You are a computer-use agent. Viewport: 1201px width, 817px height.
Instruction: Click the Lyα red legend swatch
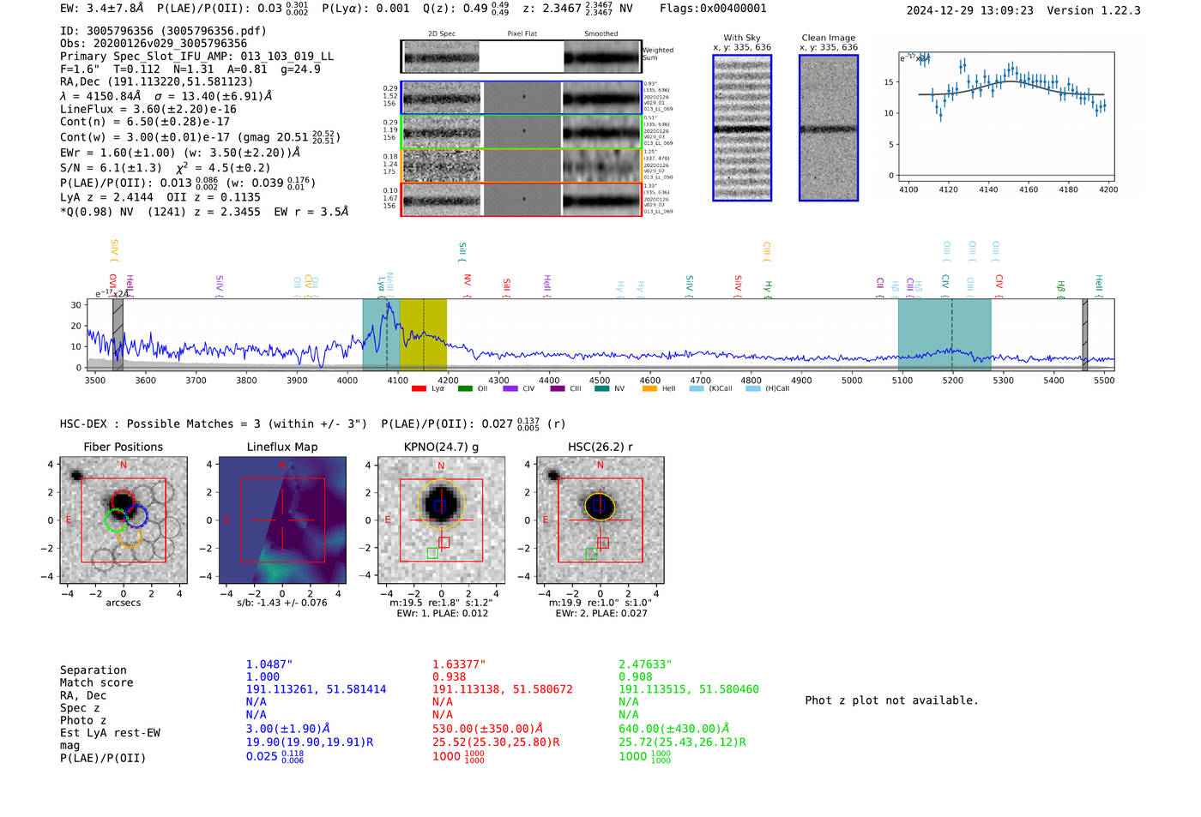click(419, 389)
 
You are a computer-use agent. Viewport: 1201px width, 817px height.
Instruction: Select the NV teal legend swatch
click(601, 389)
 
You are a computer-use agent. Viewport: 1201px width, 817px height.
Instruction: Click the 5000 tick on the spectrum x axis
click(852, 381)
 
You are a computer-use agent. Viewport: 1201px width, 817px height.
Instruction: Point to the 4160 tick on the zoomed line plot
click(1028, 189)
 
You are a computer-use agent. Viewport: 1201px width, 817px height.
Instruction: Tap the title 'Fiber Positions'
click(123, 447)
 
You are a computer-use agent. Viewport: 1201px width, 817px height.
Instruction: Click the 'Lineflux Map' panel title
click(282, 447)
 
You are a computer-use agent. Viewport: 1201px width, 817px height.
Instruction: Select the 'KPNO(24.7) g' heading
click(441, 447)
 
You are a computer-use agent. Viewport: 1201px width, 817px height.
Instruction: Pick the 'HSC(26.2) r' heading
click(600, 447)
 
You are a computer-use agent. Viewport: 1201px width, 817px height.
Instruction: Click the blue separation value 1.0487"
click(269, 664)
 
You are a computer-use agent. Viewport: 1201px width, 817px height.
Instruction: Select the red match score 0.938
click(449, 676)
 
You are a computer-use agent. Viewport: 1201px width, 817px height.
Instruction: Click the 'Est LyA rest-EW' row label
click(110, 733)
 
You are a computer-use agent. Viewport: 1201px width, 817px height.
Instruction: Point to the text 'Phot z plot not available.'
click(891, 700)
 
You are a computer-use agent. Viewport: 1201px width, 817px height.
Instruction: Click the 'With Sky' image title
click(742, 38)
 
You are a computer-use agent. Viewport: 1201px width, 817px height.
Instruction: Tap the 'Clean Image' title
click(828, 38)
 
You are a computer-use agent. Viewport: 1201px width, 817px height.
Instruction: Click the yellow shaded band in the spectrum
click(423, 334)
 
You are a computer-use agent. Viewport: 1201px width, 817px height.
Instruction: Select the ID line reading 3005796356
click(163, 31)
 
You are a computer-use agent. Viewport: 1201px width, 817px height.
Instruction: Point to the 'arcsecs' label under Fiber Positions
click(123, 603)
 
